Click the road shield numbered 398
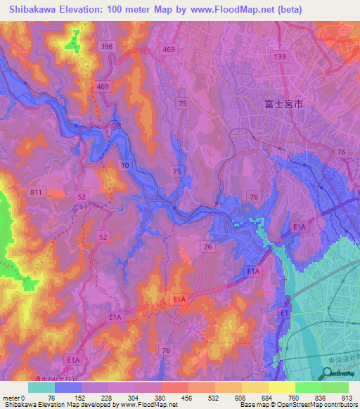click(x=107, y=46)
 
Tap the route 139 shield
click(x=281, y=56)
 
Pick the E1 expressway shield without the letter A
click(x=285, y=312)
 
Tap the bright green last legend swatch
click(x=335, y=387)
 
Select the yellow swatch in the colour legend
click(x=255, y=387)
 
